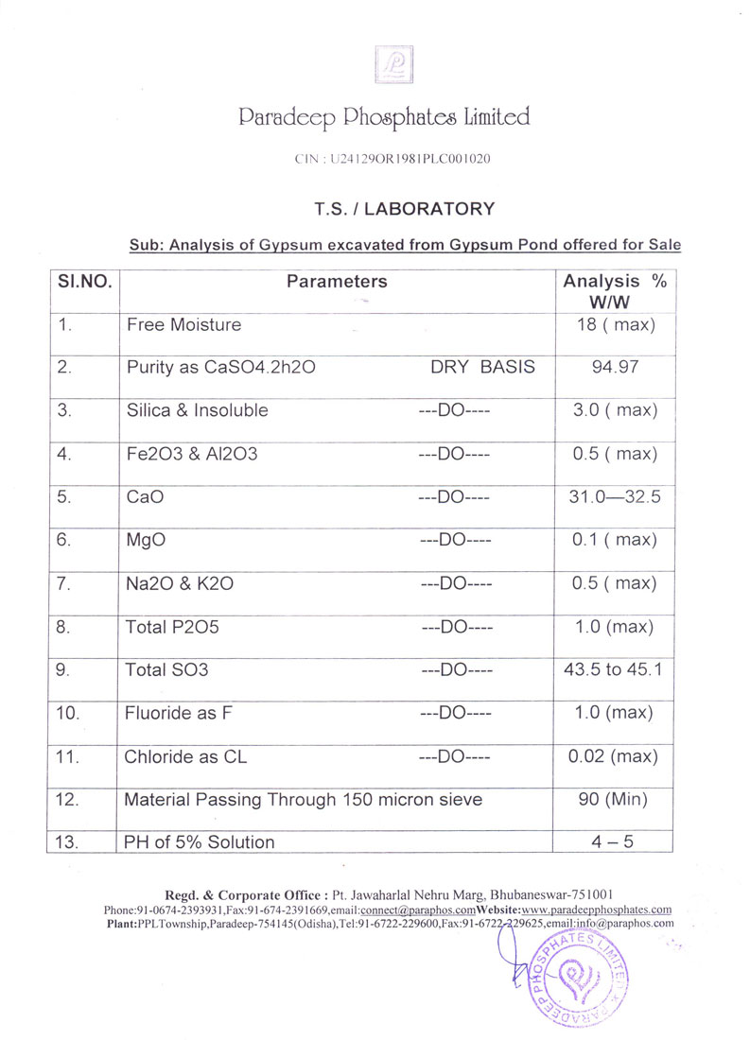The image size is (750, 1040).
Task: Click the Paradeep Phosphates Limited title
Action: tap(384, 117)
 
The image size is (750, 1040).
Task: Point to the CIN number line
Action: tap(393, 160)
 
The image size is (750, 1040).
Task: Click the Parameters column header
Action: tap(337, 282)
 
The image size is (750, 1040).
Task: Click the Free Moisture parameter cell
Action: tap(183, 325)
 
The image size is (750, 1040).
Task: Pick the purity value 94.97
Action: tap(615, 368)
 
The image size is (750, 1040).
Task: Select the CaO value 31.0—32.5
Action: tap(615, 497)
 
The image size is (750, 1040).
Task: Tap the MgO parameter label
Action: tap(147, 540)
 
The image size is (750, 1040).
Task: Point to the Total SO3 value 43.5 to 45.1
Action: tap(615, 670)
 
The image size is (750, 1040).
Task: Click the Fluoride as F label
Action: tap(179, 714)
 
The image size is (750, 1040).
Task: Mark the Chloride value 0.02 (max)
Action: tap(615, 756)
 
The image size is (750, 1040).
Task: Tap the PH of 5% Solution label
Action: tap(200, 842)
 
